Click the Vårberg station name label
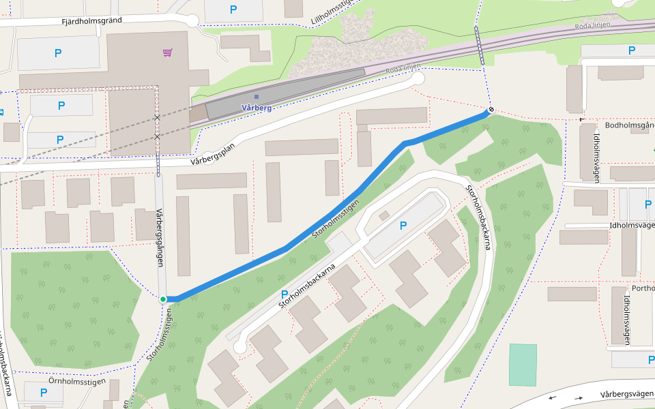pyautogui.click(x=257, y=108)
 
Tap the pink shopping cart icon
pyautogui.click(x=167, y=52)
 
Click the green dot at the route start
pyautogui.click(x=163, y=299)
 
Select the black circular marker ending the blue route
pyautogui.click(x=490, y=110)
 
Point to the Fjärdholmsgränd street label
pyautogui.click(x=91, y=20)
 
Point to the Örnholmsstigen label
pyautogui.click(x=77, y=382)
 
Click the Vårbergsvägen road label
pyautogui.click(x=626, y=394)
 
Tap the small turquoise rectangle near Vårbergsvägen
pyautogui.click(x=523, y=365)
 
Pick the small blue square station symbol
pyautogui.click(x=257, y=97)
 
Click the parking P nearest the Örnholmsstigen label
pyautogui.click(x=43, y=393)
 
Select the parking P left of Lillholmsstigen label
pyautogui.click(x=233, y=10)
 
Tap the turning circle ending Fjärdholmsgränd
pyautogui.click(x=192, y=20)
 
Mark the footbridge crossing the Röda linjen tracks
pyautogui.click(x=480, y=46)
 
